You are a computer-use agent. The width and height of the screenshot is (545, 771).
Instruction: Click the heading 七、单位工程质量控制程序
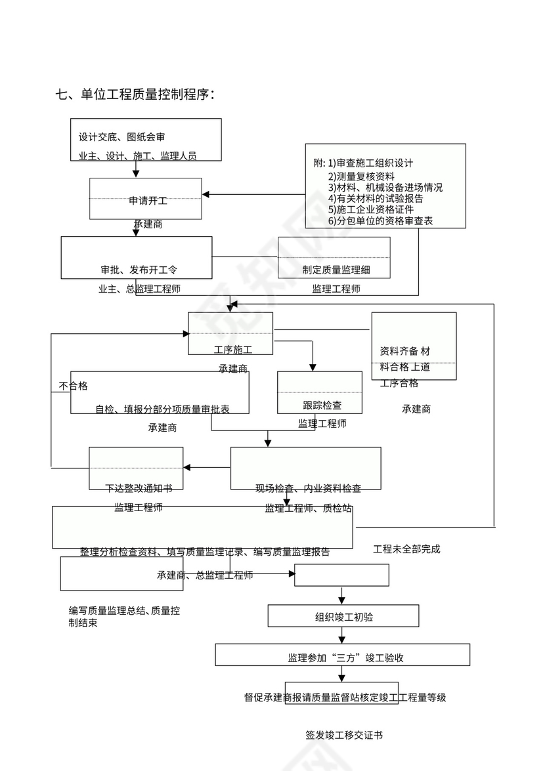(x=136, y=94)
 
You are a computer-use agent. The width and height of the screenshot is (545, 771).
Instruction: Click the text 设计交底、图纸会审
(x=121, y=137)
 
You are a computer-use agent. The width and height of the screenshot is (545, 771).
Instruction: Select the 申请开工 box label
(x=148, y=201)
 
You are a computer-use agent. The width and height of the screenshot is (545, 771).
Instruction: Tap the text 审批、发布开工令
(x=139, y=270)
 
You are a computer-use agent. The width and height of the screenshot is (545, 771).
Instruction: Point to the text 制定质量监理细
(x=337, y=270)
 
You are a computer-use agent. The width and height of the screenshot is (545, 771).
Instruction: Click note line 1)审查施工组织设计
(x=371, y=163)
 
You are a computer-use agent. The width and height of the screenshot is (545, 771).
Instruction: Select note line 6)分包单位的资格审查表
(x=380, y=221)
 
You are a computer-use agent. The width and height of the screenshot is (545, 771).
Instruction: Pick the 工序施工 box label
(x=233, y=348)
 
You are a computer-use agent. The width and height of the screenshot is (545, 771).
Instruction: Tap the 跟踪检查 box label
(x=322, y=406)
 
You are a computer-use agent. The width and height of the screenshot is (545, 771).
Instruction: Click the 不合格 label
(x=73, y=386)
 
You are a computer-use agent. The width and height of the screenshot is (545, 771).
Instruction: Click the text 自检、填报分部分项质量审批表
(x=162, y=409)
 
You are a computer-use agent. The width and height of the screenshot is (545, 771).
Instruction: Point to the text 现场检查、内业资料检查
(x=308, y=488)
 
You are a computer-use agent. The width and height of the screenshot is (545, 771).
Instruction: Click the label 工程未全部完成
(x=406, y=549)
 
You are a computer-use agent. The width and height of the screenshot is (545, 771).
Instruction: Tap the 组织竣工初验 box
(x=344, y=617)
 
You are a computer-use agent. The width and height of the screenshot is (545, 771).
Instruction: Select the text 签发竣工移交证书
(x=344, y=735)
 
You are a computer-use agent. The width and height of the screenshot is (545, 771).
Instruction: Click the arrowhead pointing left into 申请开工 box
(x=206, y=195)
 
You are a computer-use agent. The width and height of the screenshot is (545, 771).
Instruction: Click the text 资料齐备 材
(x=405, y=351)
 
